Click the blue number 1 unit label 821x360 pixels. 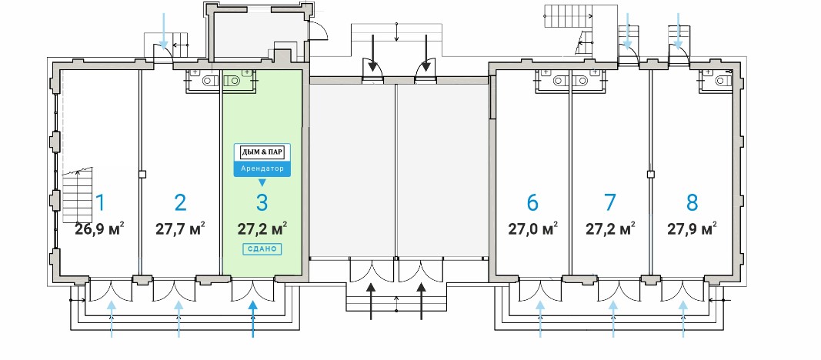click(x=99, y=203)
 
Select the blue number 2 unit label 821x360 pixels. click(x=180, y=202)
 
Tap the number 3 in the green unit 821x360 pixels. click(x=262, y=202)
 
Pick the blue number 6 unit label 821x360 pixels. click(x=532, y=202)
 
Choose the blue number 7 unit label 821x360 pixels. click(x=610, y=202)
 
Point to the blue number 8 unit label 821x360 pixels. click(x=692, y=202)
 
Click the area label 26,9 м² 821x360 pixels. click(x=99, y=228)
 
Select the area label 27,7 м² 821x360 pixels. click(x=180, y=228)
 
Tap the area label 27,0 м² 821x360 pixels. click(x=532, y=228)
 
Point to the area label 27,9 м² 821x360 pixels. click(x=692, y=228)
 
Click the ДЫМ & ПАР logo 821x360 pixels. click(x=262, y=152)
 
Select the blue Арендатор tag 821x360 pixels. click(x=262, y=168)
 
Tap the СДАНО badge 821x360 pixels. click(x=262, y=248)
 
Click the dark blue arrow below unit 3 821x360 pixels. click(x=253, y=317)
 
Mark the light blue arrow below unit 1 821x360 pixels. click(x=112, y=317)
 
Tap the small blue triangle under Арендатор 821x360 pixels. click(x=262, y=183)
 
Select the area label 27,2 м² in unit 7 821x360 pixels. click(x=610, y=228)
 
